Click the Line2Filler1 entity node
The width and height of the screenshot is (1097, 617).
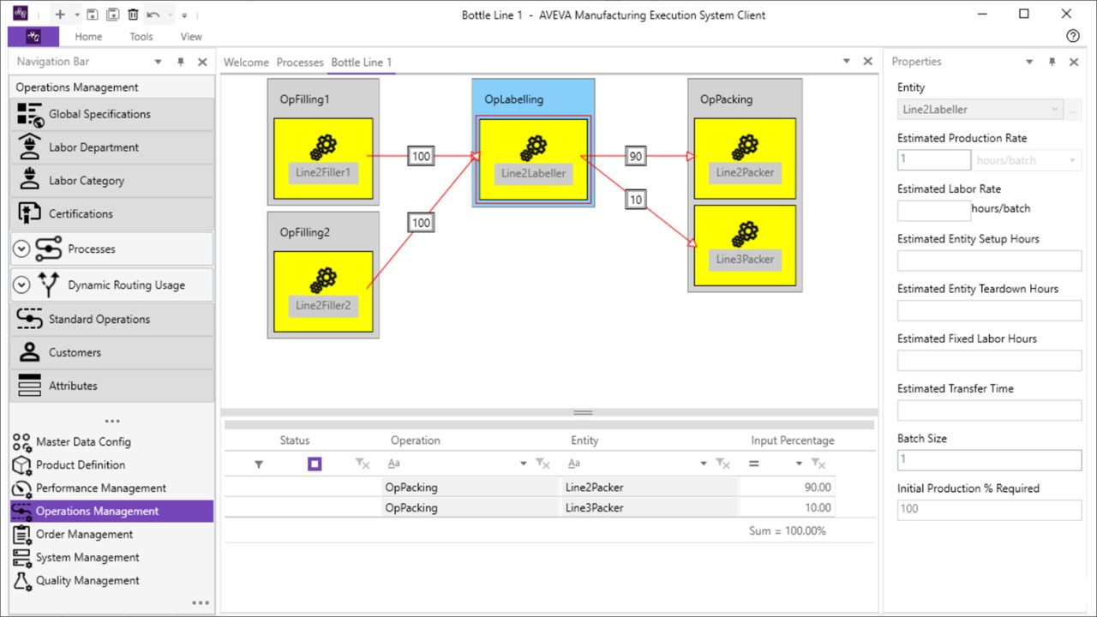coord(323,159)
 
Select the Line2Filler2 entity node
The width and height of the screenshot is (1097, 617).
coord(323,291)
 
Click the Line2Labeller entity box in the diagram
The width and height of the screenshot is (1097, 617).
coord(533,159)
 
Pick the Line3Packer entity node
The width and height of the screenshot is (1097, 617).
coord(745,245)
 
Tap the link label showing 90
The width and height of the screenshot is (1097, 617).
coord(635,157)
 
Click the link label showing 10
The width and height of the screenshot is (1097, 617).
coord(635,200)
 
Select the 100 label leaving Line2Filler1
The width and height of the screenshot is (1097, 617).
coord(421,157)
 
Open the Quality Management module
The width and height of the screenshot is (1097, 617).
coord(87,581)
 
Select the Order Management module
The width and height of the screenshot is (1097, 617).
coord(84,535)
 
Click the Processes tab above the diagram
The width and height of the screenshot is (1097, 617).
coord(300,63)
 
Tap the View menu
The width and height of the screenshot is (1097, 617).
coord(191,37)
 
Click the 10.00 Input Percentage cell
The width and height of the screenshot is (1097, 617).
coord(787,508)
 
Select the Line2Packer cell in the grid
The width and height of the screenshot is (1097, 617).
coord(648,488)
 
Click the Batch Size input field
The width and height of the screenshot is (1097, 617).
coord(989,460)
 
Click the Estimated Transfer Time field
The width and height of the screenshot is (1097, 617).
coord(989,410)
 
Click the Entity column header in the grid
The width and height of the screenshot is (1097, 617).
coord(584,440)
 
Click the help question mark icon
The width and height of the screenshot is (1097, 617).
coord(1072,36)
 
